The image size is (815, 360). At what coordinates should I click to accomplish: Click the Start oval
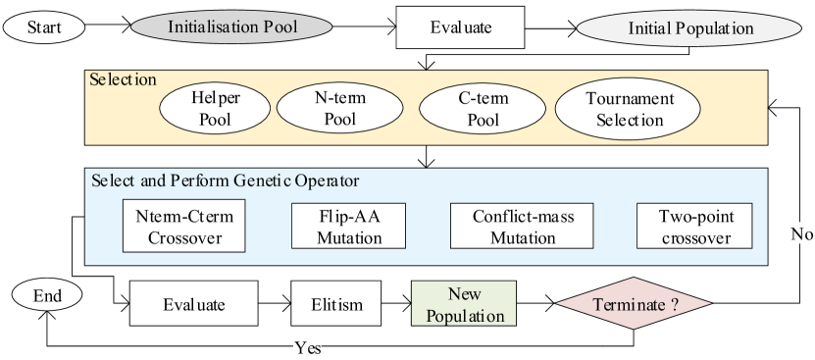point(44,27)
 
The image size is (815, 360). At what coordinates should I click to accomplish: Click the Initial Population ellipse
point(690,28)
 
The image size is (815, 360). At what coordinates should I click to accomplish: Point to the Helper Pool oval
point(215,109)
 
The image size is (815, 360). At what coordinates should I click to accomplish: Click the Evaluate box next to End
point(193,304)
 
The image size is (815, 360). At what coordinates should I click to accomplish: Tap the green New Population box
point(462,304)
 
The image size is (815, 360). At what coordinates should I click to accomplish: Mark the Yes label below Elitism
point(308,347)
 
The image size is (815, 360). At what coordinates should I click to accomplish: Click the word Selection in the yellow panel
point(123,79)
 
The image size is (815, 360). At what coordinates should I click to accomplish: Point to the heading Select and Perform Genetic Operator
point(225,181)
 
